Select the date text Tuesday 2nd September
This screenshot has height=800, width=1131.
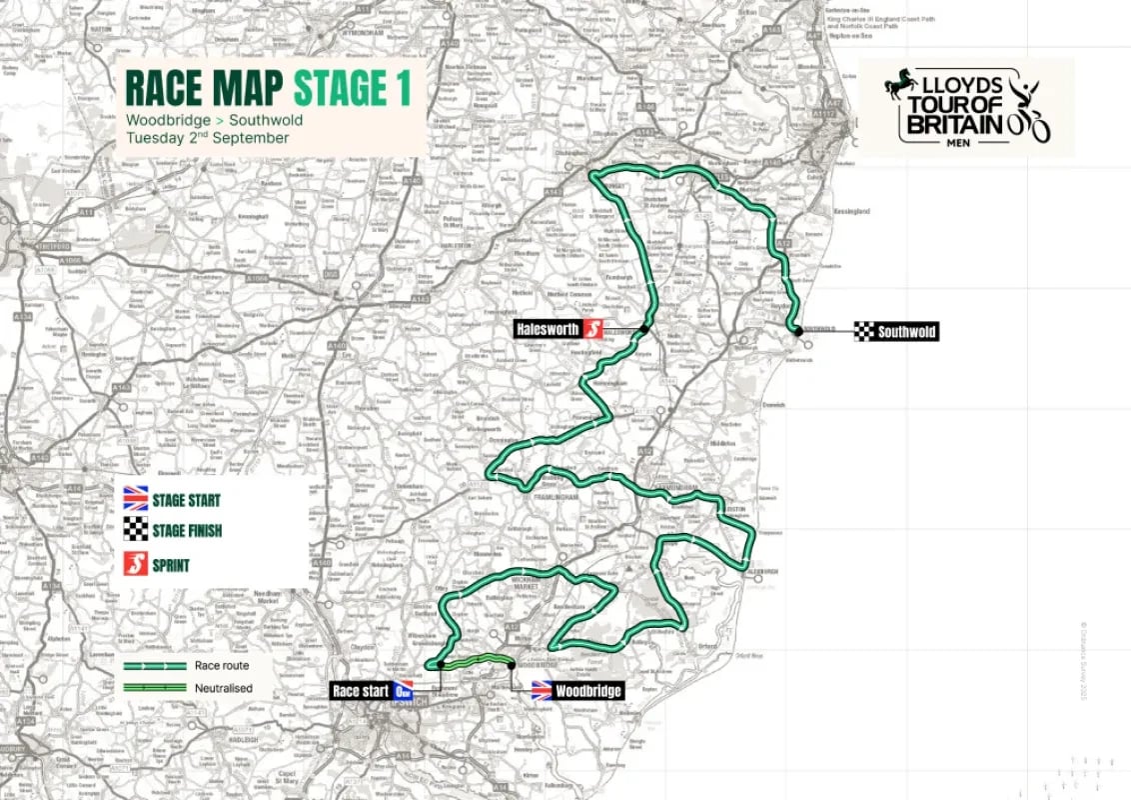point(207,138)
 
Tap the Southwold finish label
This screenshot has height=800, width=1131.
point(907,332)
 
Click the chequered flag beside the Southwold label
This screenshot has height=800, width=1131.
point(864,332)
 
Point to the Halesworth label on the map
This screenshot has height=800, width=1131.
point(548,329)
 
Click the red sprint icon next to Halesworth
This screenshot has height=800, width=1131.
point(593,329)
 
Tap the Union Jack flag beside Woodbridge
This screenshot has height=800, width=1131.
point(542,691)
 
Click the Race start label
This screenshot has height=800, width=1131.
point(360,691)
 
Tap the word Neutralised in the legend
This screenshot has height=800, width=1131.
point(225,687)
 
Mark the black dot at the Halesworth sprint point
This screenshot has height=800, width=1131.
point(645,330)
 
